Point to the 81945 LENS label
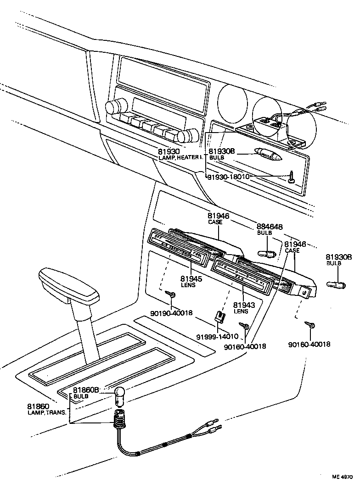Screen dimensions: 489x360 188,281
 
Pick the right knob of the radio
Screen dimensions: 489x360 186,136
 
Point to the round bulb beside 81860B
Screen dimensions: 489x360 120,396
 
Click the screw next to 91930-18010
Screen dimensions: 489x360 292,177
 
